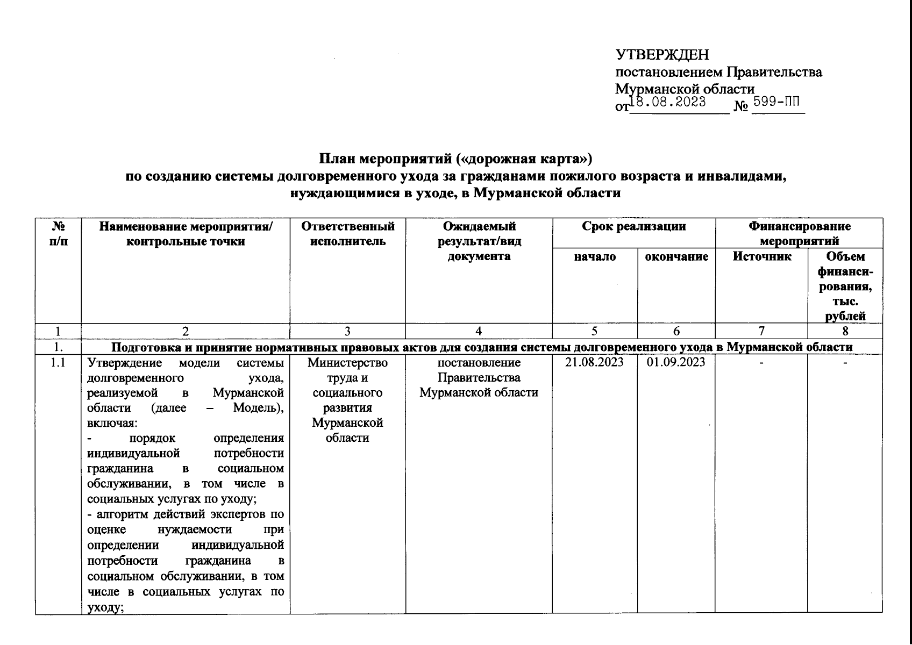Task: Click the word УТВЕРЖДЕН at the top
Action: tap(662, 55)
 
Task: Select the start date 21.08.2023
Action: tap(595, 362)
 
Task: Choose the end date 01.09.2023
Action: tap(676, 362)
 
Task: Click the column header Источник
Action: tap(761, 256)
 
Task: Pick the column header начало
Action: tap(595, 256)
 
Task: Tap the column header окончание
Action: tap(676, 256)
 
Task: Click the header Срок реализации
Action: tap(633, 226)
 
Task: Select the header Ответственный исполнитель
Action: tap(348, 234)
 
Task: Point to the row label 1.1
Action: tap(58, 362)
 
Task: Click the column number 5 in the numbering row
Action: tap(595, 332)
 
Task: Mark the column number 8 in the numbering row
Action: tap(845, 332)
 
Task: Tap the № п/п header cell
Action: tap(58, 234)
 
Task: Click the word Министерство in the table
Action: tap(348, 362)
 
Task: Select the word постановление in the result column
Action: tap(479, 362)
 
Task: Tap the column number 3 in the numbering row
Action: tap(348, 332)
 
